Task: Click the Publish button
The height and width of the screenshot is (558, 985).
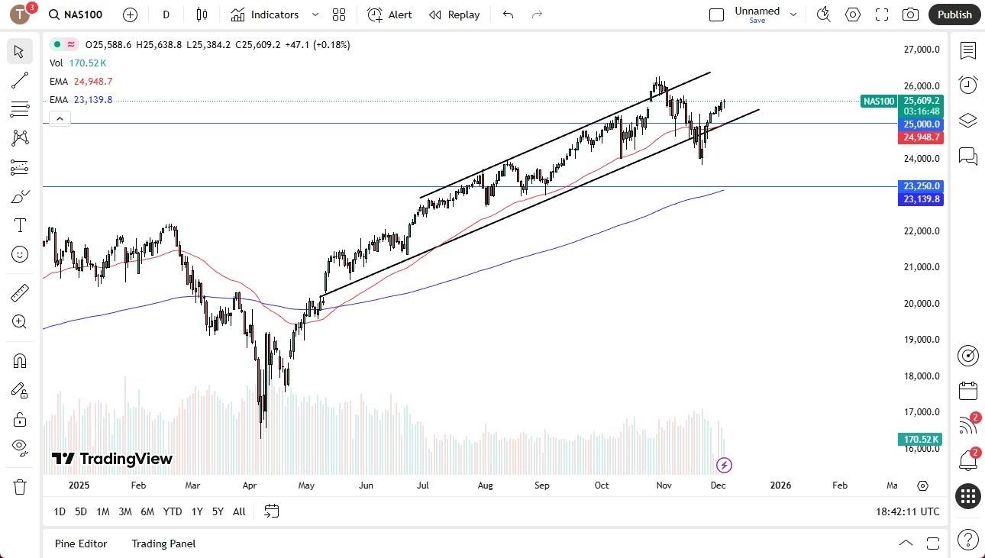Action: click(x=954, y=15)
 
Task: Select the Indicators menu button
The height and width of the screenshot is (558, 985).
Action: click(x=274, y=15)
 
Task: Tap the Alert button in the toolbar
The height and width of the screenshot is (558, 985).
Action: click(x=389, y=15)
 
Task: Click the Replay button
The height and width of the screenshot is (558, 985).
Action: click(x=454, y=15)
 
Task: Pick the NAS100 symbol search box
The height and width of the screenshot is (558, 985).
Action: click(x=76, y=15)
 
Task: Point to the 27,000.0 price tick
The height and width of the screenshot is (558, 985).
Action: click(x=921, y=50)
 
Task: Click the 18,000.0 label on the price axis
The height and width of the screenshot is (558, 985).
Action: click(x=921, y=376)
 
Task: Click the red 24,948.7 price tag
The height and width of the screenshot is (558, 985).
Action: click(x=922, y=137)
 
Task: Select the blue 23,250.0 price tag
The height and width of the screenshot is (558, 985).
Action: click(x=922, y=186)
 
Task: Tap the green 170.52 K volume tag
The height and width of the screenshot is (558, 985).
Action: click(x=922, y=439)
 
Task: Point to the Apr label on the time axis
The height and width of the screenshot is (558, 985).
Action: click(x=250, y=485)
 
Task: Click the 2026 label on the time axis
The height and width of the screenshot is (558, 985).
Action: click(x=780, y=485)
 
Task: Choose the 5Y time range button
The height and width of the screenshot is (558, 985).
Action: click(x=218, y=511)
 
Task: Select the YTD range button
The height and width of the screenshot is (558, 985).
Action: click(x=173, y=511)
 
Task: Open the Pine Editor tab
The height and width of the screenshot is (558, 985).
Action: click(x=81, y=543)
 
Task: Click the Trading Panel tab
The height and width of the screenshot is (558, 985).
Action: click(x=163, y=543)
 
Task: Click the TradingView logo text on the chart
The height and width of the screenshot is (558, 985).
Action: click(x=112, y=459)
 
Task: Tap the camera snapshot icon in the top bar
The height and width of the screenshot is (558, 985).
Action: click(x=910, y=15)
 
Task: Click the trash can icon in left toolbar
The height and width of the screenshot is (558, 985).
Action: click(x=20, y=487)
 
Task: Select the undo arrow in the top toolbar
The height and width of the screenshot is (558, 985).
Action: click(x=509, y=15)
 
